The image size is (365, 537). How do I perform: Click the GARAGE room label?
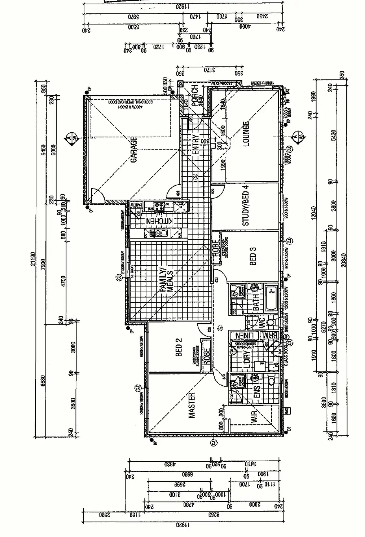133,150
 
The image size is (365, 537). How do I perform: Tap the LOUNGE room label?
246,134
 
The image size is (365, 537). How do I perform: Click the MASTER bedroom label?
192,405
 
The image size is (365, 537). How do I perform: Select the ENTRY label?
196,145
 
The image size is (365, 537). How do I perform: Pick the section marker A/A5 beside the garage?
71,138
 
